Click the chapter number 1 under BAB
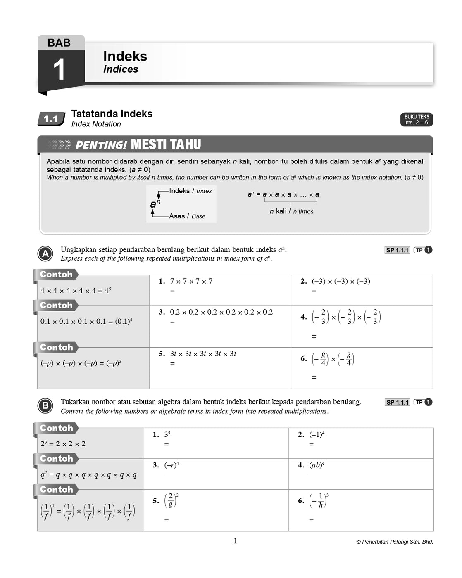(59, 69)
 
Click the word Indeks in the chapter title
(125, 56)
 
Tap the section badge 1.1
(51, 119)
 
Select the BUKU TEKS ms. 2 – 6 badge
(417, 119)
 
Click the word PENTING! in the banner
(101, 145)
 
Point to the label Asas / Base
(187, 216)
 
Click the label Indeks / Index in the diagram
(191, 191)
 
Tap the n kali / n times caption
(291, 211)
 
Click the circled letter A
(45, 254)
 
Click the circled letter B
(45, 406)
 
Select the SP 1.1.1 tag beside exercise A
(397, 250)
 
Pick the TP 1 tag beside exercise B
(423, 402)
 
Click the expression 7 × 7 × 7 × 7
(191, 282)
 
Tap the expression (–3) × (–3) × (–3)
(341, 282)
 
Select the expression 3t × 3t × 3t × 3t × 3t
(203, 354)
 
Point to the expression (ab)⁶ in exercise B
(317, 465)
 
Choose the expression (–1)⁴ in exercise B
(317, 434)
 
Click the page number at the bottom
(236, 541)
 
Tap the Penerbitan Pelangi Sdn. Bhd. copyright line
(395, 542)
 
